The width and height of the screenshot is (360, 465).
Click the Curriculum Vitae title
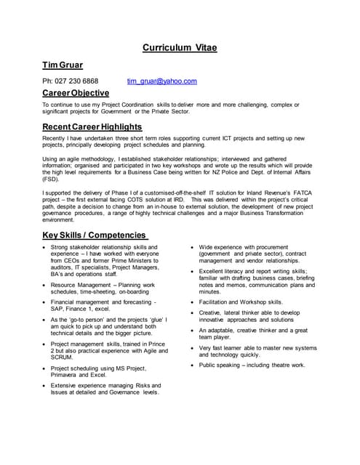[x=179, y=48]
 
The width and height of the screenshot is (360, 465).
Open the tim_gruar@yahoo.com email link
[x=161, y=81]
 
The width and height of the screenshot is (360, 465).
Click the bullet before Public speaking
[x=192, y=365]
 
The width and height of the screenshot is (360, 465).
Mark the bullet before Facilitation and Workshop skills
[x=192, y=302]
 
